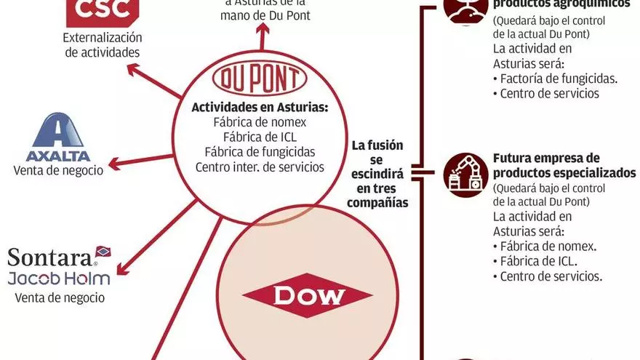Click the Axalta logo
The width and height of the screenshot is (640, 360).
pos(57,138)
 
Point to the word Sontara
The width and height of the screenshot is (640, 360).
pos(49,257)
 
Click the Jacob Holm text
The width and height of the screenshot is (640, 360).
pos(58,278)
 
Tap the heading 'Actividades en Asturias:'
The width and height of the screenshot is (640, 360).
pos(260,107)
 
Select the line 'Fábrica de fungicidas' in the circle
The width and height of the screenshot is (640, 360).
pos(260,151)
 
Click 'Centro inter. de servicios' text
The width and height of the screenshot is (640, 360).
pos(260,167)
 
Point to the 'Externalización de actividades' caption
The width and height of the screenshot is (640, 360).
pos(102,44)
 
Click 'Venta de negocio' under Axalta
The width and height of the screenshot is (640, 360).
pos(58,170)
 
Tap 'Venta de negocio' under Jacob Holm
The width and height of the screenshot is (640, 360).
pos(58,297)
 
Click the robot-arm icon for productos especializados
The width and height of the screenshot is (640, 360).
pos(465,175)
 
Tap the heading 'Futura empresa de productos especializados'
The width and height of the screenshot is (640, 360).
pos(564,165)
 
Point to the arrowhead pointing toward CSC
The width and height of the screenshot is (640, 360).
pos(132,70)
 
